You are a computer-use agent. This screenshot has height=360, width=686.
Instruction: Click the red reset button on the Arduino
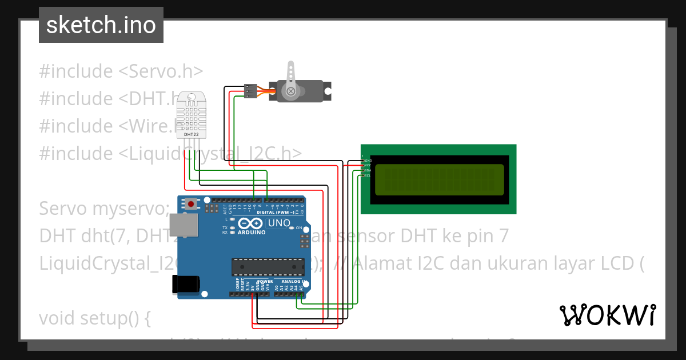[190, 203]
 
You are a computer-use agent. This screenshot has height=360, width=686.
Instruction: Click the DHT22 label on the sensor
[191, 134]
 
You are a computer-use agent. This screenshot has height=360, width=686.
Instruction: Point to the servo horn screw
[291, 91]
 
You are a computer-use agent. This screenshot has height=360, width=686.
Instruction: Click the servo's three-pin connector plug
[250, 91]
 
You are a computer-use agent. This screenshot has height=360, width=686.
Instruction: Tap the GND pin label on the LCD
[369, 161]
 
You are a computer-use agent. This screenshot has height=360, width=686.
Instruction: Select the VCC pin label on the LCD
[369, 166]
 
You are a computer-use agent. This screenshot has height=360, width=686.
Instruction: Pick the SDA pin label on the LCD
[369, 170]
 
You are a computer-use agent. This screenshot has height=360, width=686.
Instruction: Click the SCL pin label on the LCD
[369, 175]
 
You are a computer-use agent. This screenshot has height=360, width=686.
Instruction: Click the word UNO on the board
[279, 223]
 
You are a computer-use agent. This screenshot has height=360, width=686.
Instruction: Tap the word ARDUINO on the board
[251, 233]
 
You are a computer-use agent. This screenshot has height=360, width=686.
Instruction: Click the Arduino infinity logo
[251, 223]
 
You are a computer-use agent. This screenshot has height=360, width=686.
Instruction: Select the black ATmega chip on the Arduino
[267, 266]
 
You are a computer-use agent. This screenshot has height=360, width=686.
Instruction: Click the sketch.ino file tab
[101, 25]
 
